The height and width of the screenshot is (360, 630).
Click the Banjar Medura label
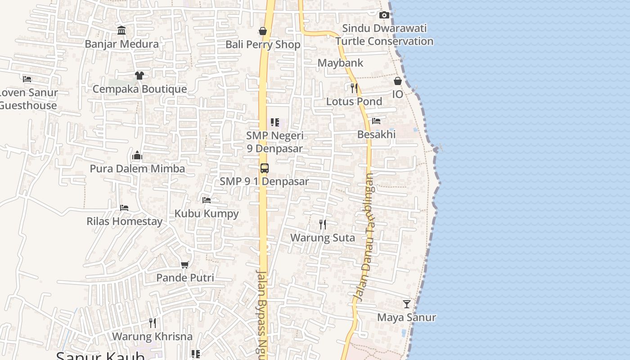122,44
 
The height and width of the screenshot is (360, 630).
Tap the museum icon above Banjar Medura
121,31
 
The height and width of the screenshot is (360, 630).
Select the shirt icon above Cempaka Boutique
139,75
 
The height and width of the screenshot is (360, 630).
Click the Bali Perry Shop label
263,45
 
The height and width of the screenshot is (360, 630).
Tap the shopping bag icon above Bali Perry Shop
263,31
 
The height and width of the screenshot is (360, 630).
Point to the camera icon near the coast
384,15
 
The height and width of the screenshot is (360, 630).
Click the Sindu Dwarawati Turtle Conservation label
384,35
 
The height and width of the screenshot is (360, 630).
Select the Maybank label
340,63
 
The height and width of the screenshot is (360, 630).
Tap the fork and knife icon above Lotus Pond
354,88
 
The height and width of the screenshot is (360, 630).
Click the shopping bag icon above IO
398,81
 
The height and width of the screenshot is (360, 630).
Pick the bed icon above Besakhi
376,121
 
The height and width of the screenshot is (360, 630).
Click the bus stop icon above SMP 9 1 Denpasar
265,168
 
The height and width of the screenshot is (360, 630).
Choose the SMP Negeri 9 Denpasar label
275,142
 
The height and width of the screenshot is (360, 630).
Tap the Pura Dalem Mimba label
137,169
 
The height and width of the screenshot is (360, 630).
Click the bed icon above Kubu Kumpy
207,200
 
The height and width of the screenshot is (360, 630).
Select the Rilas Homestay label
124,221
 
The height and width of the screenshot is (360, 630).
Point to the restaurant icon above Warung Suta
323,224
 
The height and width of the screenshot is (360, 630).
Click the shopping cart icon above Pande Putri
185,265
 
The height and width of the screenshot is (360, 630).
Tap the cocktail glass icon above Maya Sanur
407,304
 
